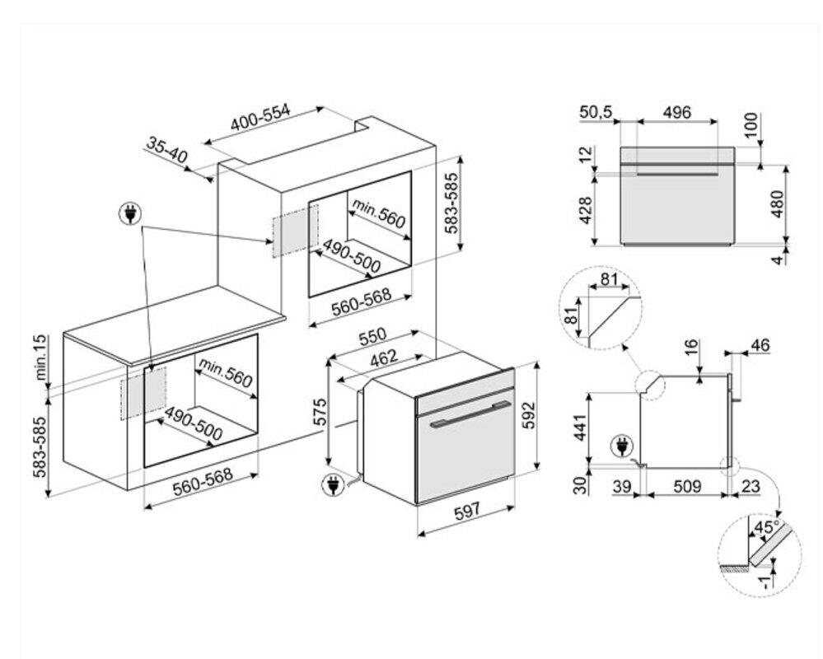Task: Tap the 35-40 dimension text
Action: pyautogui.click(x=168, y=150)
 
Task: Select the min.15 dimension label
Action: pyautogui.click(x=42, y=359)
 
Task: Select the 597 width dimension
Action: pyautogui.click(x=467, y=512)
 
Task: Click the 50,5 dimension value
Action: pyautogui.click(x=596, y=112)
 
